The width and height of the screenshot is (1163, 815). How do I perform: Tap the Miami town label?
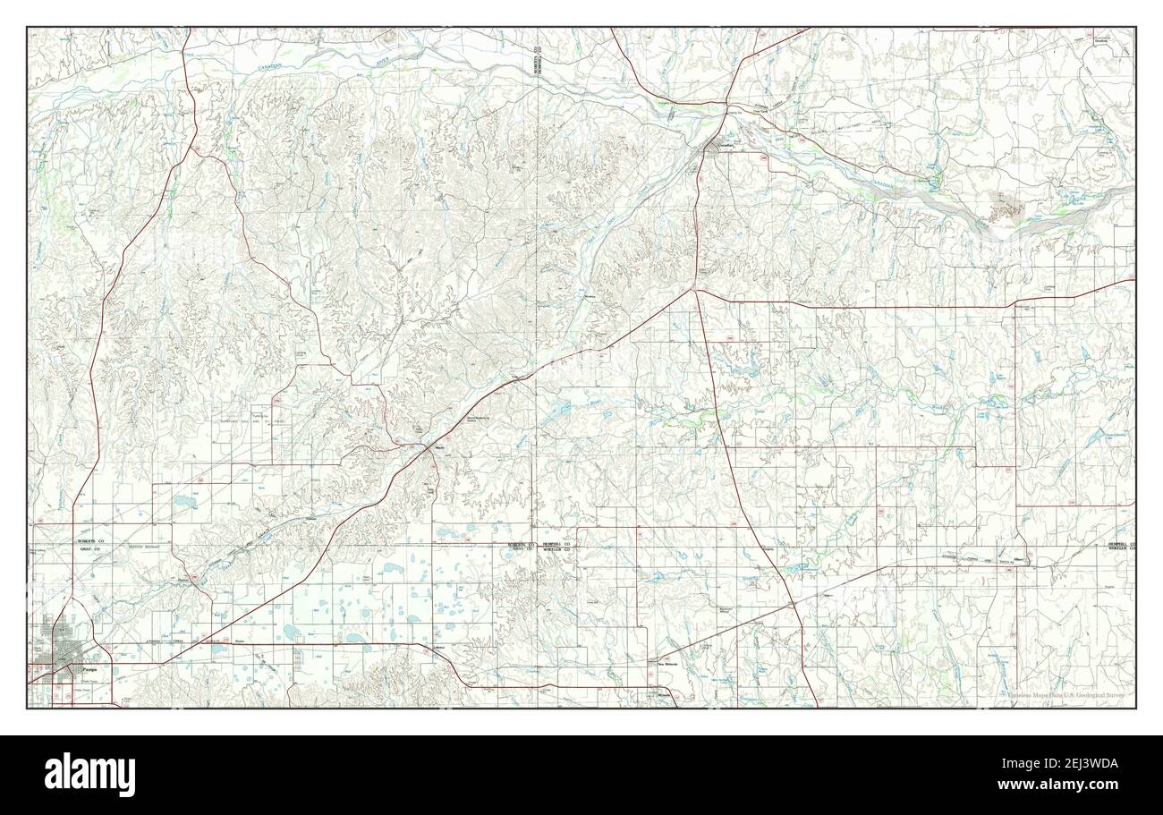point(439,448)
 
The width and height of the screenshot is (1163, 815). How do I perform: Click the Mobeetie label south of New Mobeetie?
point(664,695)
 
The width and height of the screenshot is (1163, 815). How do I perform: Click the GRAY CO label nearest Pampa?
point(89,551)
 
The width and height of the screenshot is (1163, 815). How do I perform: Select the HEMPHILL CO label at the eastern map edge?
point(1118,544)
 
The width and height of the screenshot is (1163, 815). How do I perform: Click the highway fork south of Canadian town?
point(694,289)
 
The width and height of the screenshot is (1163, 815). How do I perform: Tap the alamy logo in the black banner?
point(90,774)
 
